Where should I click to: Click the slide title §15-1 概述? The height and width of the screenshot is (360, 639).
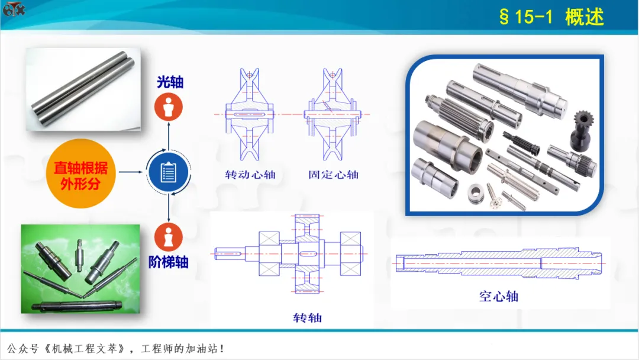pyautogui.click(x=551, y=17)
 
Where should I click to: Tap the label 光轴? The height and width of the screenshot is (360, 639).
pyautogui.click(x=170, y=82)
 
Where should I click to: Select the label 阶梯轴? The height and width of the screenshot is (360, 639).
pyautogui.click(x=168, y=262)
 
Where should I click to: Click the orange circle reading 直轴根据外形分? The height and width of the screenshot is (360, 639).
pyautogui.click(x=81, y=173)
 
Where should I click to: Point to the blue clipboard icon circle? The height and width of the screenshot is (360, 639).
pyautogui.click(x=168, y=172)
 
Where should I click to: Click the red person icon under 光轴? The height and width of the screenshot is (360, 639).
pyautogui.click(x=168, y=107)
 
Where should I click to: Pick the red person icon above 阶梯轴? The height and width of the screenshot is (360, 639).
pyautogui.click(x=168, y=237)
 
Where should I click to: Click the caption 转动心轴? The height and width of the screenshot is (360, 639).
pyautogui.click(x=250, y=175)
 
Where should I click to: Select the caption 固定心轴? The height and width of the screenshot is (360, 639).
pyautogui.click(x=333, y=175)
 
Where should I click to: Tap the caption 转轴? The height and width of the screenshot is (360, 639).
pyautogui.click(x=307, y=318)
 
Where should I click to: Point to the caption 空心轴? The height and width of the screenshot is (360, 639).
pyautogui.click(x=499, y=297)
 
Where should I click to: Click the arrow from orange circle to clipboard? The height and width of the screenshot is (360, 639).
pyautogui.click(x=130, y=172)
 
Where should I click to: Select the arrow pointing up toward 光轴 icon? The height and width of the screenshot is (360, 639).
pyautogui.click(x=169, y=136)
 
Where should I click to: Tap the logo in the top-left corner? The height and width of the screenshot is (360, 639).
pyautogui.click(x=14, y=9)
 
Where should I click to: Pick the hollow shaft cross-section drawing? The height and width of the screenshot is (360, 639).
pyautogui.click(x=499, y=263)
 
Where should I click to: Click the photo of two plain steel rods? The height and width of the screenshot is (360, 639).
pyautogui.click(x=83, y=89)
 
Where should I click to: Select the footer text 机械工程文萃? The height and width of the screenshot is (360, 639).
pyautogui.click(x=85, y=349)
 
